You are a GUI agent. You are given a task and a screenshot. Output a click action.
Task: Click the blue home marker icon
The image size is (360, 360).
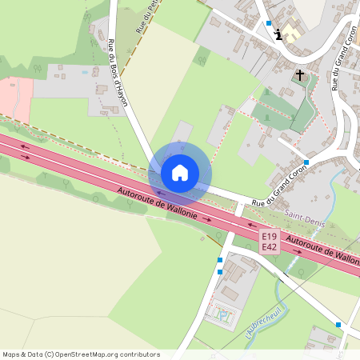[180, 173]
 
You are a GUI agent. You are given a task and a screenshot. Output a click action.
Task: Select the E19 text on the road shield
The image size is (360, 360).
[270, 237]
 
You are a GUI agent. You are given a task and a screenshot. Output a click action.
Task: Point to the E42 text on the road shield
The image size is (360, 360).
[270, 247]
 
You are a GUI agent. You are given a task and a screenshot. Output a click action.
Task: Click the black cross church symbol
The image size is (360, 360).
[300, 75]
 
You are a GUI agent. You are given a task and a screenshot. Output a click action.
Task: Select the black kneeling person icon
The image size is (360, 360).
[278, 34]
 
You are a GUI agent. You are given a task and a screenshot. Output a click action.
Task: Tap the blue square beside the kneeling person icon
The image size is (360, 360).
[270, 24]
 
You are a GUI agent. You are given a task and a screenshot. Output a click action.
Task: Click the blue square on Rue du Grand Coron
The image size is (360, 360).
[306, 162]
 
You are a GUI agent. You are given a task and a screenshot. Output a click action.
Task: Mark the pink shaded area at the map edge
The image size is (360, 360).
[14, 98]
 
